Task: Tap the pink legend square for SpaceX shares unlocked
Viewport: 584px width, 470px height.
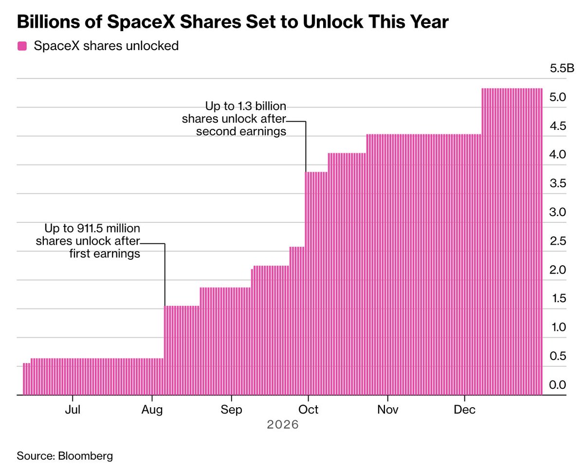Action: point(22,46)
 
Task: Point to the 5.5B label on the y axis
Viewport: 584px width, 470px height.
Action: point(562,68)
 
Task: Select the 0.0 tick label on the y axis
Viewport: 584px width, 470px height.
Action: point(557,384)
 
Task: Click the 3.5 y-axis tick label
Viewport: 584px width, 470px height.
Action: point(558,183)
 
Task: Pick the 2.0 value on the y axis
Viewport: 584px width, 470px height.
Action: point(558,270)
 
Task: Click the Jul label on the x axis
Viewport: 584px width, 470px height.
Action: point(73,410)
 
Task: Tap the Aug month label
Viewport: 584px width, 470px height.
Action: point(152,410)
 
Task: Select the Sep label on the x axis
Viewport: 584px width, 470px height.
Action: point(231,410)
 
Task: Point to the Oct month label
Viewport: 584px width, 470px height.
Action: point(308,410)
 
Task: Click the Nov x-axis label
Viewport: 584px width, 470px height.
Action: point(388,410)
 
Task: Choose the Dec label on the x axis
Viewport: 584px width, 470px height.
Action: point(465,410)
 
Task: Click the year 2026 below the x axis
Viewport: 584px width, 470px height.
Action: point(283,425)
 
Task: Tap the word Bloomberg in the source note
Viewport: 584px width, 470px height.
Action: point(86,456)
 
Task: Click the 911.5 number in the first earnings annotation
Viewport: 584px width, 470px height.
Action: point(90,228)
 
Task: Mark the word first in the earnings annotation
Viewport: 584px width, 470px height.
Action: point(79,253)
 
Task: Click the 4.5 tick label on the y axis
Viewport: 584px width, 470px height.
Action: point(558,126)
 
